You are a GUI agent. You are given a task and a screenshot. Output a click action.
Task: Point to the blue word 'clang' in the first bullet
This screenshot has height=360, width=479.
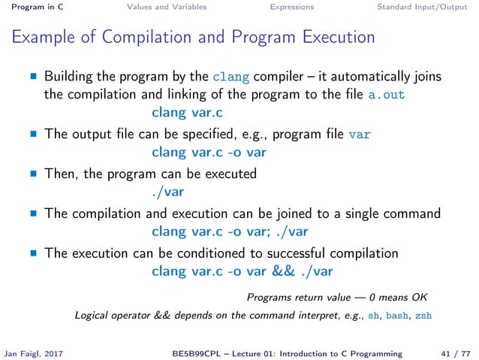[x=227, y=77]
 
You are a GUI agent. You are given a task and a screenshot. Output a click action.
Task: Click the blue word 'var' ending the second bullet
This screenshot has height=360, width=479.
[x=360, y=135]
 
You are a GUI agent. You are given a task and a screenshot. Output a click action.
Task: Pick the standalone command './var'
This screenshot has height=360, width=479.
[x=167, y=192]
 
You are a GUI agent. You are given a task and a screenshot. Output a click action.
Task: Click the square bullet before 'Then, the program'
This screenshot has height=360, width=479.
[x=33, y=174]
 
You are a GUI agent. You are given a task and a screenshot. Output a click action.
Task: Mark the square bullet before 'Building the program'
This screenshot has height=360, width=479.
[x=33, y=77]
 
